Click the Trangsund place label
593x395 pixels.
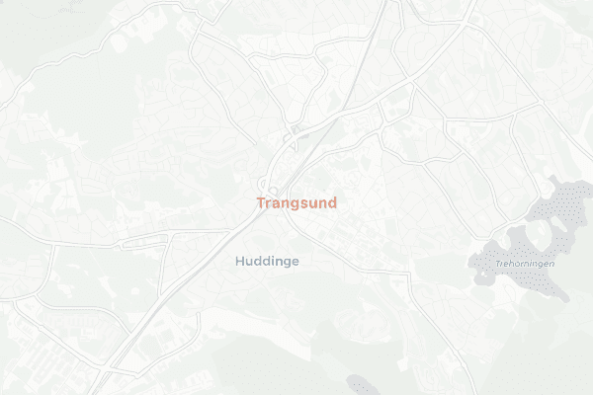296,203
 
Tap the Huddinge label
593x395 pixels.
267,262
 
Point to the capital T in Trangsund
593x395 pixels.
261,203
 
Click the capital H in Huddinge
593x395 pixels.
240,262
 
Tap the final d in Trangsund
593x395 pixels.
331,203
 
